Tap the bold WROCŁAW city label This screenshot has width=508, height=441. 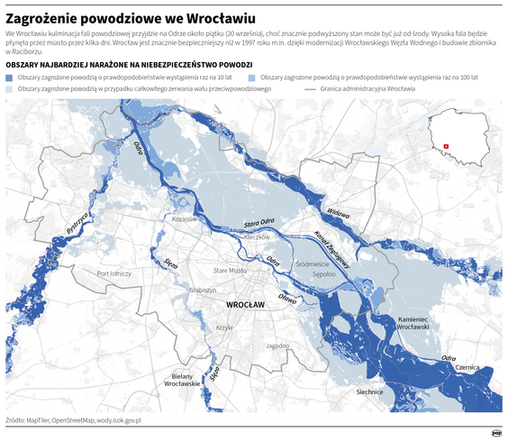[245, 306]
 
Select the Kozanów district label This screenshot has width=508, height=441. [185, 219]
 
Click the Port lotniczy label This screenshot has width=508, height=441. [114, 273]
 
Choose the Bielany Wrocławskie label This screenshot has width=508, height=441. [181, 380]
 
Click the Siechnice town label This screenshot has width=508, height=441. [370, 391]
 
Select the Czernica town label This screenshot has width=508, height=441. [467, 368]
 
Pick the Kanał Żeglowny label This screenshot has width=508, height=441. [332, 250]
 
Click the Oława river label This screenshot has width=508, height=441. [287, 299]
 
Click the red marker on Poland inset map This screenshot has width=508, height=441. [445, 145]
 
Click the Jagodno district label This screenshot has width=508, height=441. [277, 345]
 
